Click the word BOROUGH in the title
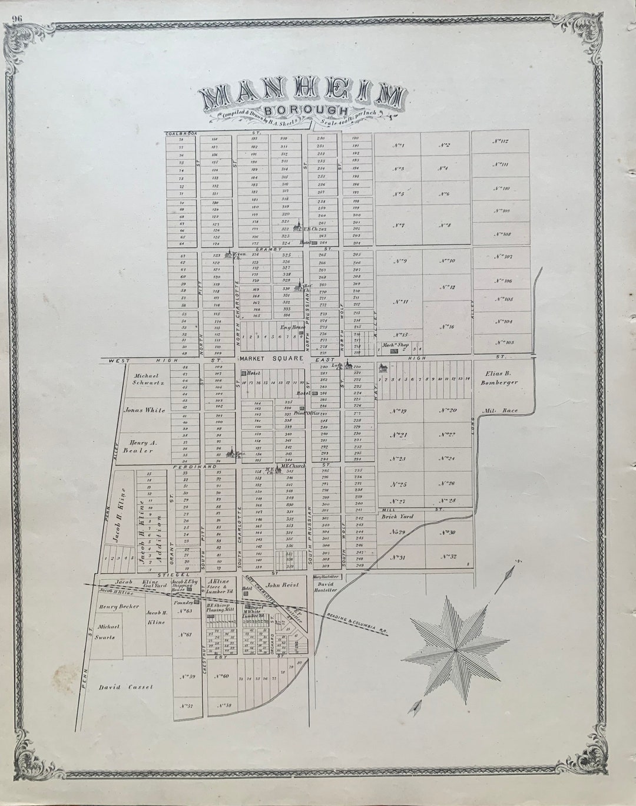click(x=305, y=110)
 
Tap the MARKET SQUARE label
click(x=271, y=358)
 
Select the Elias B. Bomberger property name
click(x=501, y=378)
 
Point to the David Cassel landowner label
click(x=125, y=687)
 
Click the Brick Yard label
click(x=397, y=517)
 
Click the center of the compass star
click(x=455, y=649)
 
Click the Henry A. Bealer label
click(x=137, y=446)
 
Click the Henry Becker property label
click(x=120, y=606)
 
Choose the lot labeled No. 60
click(x=225, y=676)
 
